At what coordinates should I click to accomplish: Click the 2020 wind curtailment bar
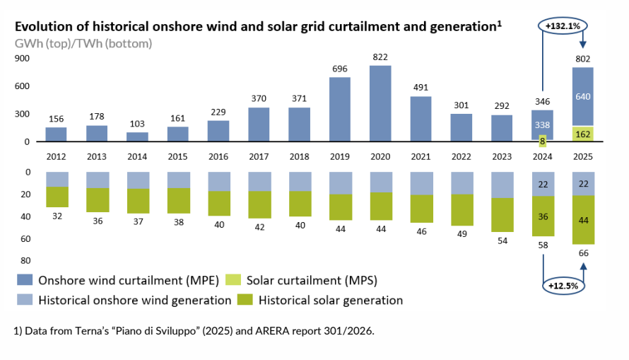click(380, 103)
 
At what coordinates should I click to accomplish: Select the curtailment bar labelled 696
click(339, 109)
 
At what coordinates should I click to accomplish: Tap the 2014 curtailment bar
click(137, 137)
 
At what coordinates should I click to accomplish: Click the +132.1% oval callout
click(563, 26)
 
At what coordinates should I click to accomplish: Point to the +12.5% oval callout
click(563, 286)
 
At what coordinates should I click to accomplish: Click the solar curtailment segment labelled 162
click(583, 134)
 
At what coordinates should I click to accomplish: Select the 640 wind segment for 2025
click(583, 97)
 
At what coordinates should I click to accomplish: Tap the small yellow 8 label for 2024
click(542, 141)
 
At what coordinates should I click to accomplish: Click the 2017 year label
click(259, 156)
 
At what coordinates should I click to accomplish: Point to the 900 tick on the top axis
click(22, 59)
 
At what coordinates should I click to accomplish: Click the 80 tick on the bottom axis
click(25, 261)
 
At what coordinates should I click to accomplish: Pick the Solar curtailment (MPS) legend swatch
click(233, 280)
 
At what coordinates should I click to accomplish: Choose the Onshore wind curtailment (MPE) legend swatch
click(25, 280)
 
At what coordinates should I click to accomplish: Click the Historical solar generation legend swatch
click(245, 300)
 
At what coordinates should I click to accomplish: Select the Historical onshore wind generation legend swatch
click(25, 300)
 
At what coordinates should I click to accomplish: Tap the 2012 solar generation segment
click(57, 197)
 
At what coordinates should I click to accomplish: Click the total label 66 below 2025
click(584, 253)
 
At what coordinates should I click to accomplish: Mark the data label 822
click(380, 57)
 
